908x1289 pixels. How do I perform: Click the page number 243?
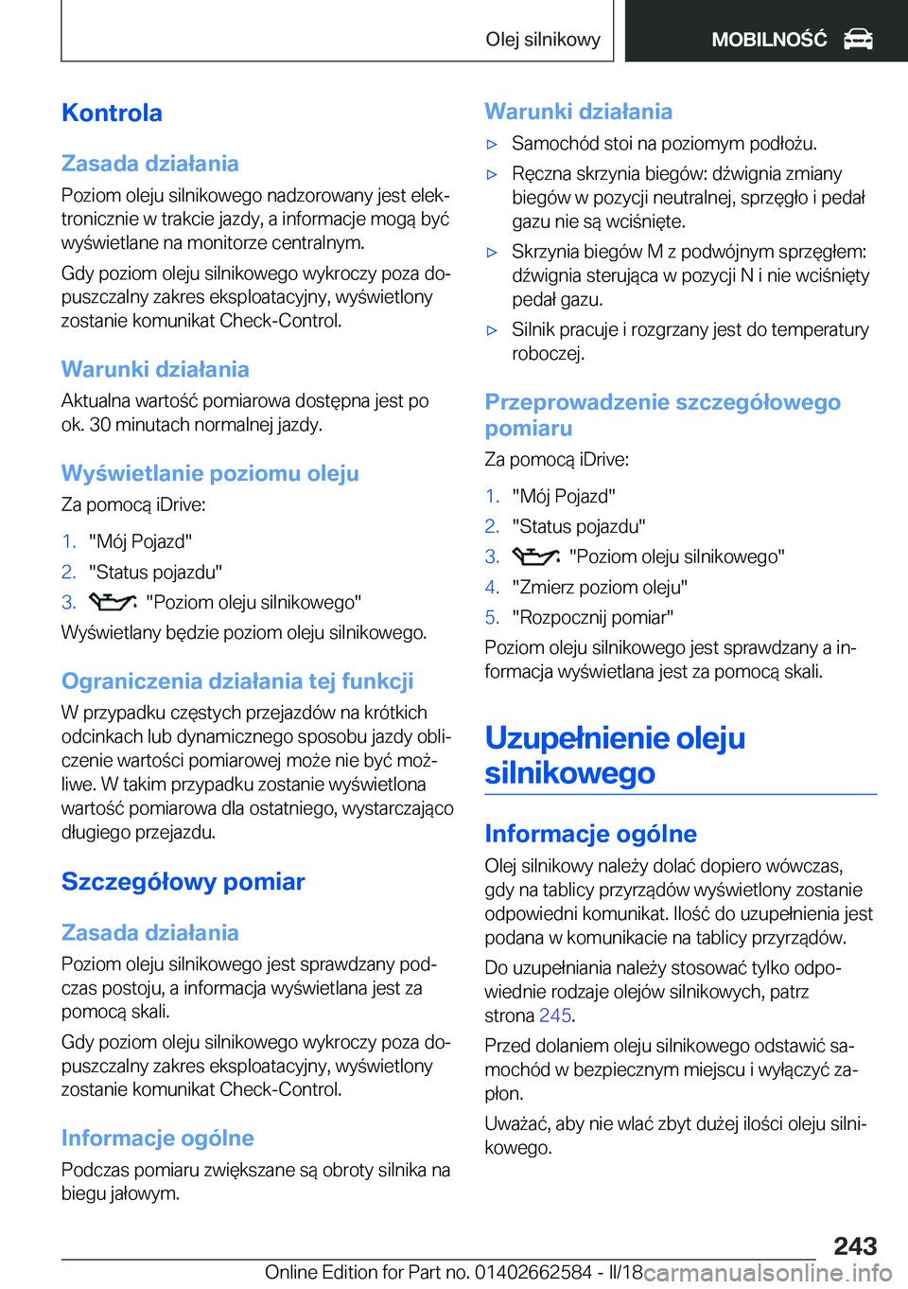(855, 1245)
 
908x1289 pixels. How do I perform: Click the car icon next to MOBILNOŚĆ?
(858, 39)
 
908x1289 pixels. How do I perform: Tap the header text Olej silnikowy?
(542, 39)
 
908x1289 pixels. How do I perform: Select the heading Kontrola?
(112, 113)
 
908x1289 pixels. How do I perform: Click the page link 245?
(555, 1015)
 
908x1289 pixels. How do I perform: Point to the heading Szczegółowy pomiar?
(183, 881)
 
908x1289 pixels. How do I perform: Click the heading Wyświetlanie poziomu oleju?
(210, 473)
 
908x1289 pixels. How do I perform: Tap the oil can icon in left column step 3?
(113, 602)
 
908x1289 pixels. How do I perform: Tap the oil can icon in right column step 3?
(535, 556)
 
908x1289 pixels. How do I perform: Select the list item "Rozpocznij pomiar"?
(592, 617)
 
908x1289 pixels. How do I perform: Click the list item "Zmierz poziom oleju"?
(599, 587)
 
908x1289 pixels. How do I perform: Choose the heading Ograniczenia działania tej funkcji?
(237, 681)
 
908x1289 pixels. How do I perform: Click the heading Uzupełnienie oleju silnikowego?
(615, 755)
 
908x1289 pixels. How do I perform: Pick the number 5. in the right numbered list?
(492, 617)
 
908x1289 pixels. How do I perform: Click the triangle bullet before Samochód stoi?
(492, 145)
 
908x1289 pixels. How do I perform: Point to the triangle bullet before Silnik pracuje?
(492, 330)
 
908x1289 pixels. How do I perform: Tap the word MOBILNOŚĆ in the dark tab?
(768, 40)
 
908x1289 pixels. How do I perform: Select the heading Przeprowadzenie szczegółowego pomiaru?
(662, 415)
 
